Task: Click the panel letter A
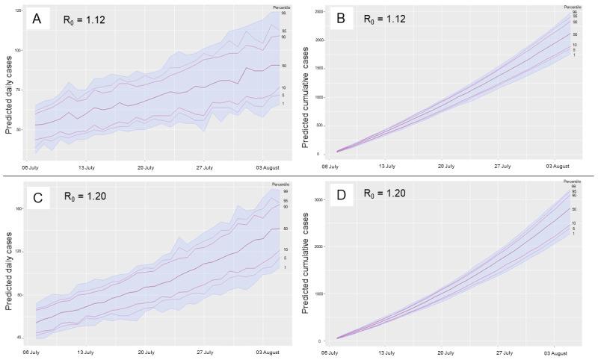tap(35, 21)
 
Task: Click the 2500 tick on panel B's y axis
tap(318, 13)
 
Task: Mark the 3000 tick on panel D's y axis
tap(318, 200)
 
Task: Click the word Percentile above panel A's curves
tap(280, 7)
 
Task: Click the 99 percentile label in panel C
tap(285, 192)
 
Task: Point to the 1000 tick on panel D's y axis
tap(318, 294)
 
